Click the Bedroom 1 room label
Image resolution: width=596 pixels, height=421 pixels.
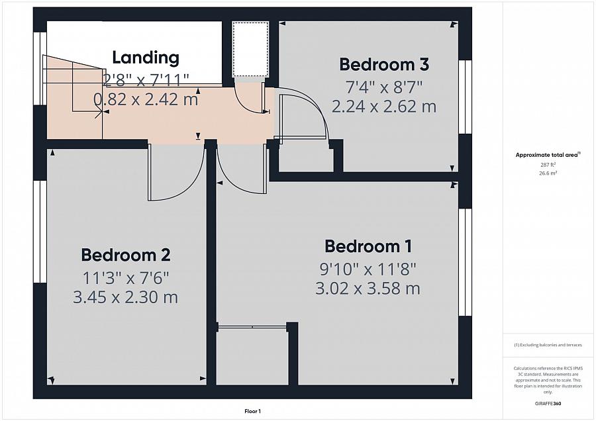(x=368, y=246)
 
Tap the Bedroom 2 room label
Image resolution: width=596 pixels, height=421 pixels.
(x=126, y=255)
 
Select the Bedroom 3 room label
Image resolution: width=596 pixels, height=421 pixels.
(x=384, y=64)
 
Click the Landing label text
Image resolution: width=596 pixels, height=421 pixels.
(x=146, y=58)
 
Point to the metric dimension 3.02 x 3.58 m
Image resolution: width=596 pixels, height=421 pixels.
(x=368, y=289)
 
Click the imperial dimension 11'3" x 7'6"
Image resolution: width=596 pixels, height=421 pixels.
(x=126, y=277)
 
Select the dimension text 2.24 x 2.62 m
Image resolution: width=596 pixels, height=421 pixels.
(x=384, y=107)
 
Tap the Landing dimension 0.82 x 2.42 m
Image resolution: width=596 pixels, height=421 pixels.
(x=146, y=100)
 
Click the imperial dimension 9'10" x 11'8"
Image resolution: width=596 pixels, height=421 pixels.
(x=368, y=268)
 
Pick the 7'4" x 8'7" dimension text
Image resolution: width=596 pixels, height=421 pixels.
(x=384, y=86)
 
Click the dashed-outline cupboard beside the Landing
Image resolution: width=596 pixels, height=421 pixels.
(x=251, y=50)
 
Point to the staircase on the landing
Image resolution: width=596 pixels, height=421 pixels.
(x=73, y=99)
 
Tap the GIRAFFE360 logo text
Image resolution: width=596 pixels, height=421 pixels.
(x=548, y=402)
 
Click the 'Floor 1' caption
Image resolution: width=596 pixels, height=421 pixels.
(x=252, y=411)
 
